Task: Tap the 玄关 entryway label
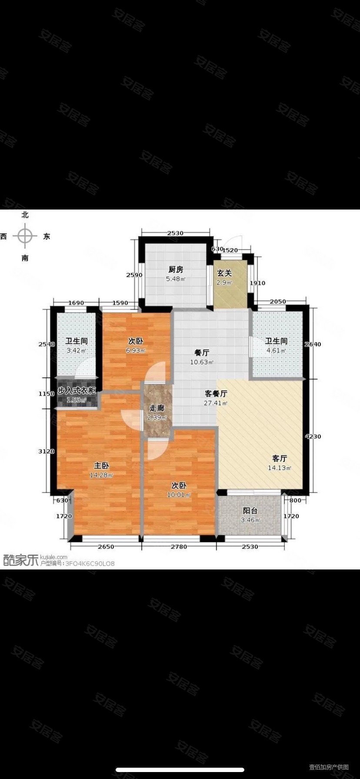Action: point(225,273)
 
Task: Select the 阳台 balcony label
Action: point(250,511)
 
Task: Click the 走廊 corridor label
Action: point(157,408)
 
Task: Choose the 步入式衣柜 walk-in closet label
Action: point(77,391)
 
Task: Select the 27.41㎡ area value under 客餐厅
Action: point(216,403)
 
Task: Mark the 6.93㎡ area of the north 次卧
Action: point(136,350)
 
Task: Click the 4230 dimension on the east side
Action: point(313,437)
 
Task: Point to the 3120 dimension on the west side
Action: point(47,451)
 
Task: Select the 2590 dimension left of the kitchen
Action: point(134,275)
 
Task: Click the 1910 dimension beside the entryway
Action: point(257,283)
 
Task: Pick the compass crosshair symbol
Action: point(25,236)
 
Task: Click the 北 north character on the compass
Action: point(25,215)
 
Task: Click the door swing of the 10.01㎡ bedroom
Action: point(157,449)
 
